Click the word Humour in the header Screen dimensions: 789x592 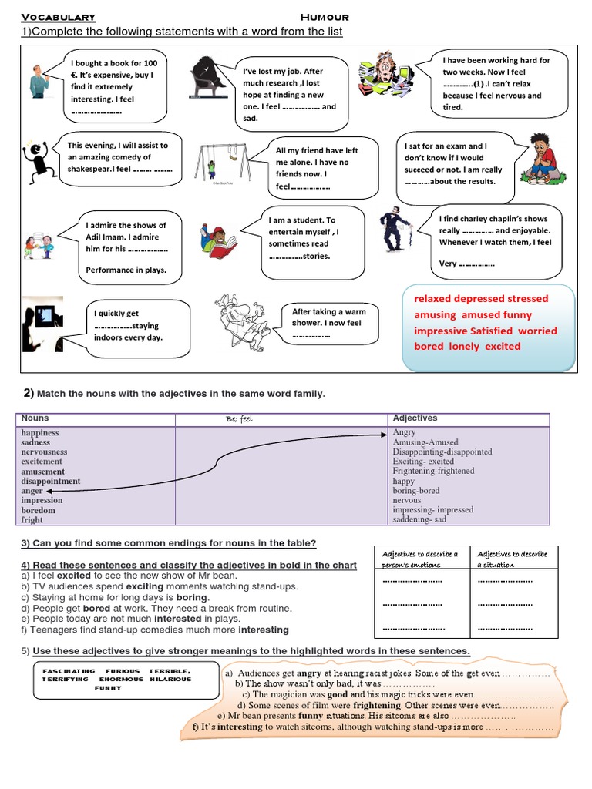point(325,17)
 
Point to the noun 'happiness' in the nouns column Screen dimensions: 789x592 point(40,433)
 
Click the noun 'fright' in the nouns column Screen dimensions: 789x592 point(32,520)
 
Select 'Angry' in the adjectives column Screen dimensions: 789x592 point(404,433)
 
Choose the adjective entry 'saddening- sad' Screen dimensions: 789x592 point(419,519)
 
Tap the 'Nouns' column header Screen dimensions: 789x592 point(35,418)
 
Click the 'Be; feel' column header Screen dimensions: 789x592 point(240,419)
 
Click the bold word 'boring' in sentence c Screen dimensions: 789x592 point(193,597)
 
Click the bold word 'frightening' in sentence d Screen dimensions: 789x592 point(377,705)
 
